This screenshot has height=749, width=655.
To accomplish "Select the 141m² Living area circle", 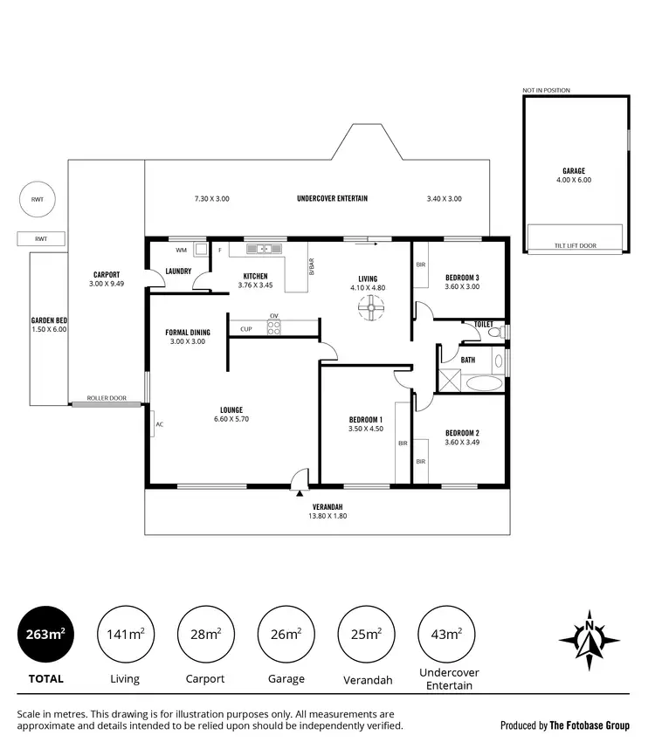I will click(125, 635).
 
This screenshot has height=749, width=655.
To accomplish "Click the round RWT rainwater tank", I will click(38, 200).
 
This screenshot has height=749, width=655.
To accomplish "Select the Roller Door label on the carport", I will click(106, 399).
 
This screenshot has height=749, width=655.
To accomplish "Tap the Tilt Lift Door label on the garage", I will click(576, 245).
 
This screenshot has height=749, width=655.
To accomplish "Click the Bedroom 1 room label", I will click(365, 419).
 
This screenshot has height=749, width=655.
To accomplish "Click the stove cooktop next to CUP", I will click(273, 327).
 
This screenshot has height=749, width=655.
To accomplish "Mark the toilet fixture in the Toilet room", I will click(494, 333).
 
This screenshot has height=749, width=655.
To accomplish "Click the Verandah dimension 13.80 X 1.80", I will click(326, 517).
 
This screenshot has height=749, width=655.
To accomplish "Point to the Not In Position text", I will click(547, 90).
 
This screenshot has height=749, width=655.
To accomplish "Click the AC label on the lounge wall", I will click(159, 425).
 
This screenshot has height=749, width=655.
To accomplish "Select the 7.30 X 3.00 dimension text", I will click(211, 199).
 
